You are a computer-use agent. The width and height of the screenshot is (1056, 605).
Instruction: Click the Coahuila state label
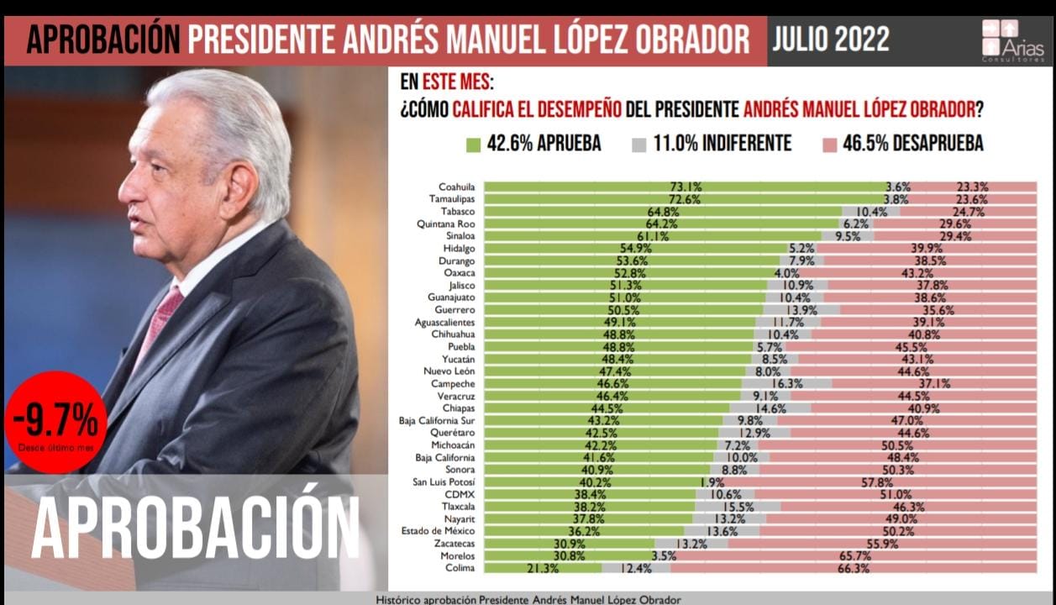[x=456, y=187]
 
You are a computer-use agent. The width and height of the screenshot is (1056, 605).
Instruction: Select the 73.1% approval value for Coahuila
[x=685, y=187]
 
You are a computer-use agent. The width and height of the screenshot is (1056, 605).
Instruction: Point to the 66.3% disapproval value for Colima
[x=853, y=569]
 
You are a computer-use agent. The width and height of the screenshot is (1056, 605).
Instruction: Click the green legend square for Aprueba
[x=473, y=145]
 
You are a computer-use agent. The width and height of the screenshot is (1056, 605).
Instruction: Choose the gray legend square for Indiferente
[x=638, y=145]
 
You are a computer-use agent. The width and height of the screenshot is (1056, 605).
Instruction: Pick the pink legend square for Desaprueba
[x=827, y=145]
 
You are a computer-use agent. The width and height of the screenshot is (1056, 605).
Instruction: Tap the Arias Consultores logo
[x=1012, y=40]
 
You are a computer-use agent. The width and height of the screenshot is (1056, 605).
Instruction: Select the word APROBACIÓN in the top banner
[x=102, y=40]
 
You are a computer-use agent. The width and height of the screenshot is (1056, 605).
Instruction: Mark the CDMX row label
[x=460, y=496]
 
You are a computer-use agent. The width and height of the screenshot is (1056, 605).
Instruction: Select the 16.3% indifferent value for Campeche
[x=786, y=383]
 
